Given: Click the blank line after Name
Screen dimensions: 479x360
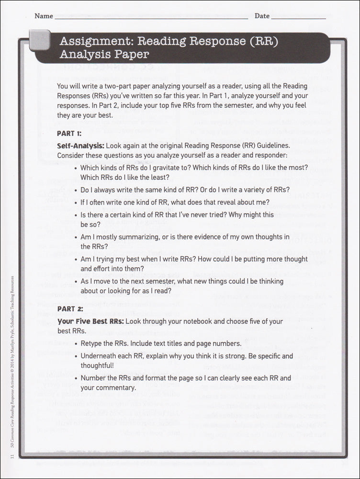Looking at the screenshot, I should pos(151,17).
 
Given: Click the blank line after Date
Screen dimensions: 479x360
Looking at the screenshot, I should pos(299,17).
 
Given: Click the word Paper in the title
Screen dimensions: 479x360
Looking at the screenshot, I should pos(133,54).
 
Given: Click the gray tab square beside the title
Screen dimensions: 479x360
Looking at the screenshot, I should pos(40,40).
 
